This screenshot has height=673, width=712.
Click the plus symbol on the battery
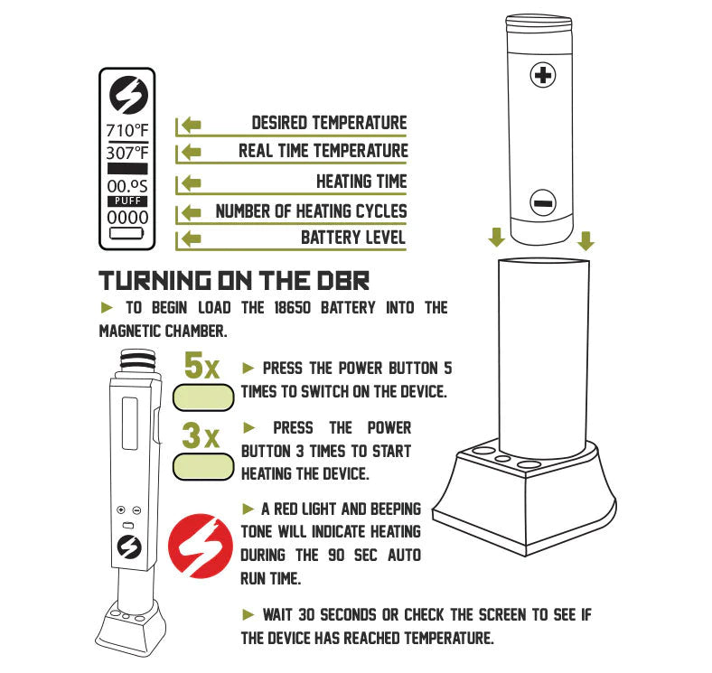542,75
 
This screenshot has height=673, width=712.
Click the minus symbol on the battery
542,203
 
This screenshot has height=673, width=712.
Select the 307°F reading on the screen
126,153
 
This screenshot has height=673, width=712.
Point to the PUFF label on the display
126,201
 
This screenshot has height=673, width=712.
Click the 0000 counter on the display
126,218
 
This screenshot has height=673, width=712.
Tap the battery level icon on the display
126,233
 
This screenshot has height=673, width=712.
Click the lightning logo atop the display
127,96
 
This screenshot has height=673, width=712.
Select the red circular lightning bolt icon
198,544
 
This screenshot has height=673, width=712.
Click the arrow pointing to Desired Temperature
189,125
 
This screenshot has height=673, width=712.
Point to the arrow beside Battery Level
189,239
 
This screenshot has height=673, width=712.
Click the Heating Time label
361,182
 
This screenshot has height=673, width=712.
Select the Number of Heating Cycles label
311,211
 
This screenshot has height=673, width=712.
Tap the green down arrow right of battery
586,240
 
